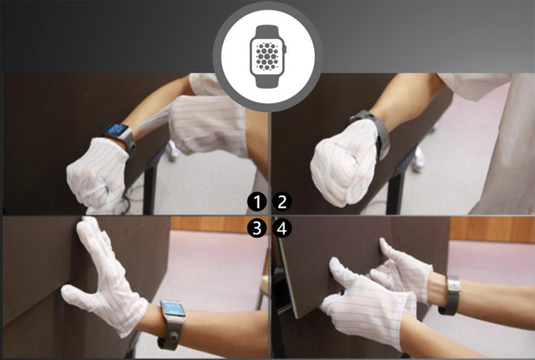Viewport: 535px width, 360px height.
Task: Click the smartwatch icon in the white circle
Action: [268, 57]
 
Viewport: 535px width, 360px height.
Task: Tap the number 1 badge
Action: [257, 202]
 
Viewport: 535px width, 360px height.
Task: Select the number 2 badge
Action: [282, 202]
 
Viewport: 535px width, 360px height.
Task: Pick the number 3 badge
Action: [257, 229]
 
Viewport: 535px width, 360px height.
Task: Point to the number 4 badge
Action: [282, 229]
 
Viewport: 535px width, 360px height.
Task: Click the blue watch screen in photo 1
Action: [116, 130]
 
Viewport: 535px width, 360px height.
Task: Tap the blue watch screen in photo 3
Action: [173, 309]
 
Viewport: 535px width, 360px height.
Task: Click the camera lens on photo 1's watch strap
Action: [131, 147]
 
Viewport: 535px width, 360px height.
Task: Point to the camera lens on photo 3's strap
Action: [175, 338]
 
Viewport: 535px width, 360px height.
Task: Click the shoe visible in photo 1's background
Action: [173, 151]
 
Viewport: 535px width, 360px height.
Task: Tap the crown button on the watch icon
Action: [286, 49]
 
